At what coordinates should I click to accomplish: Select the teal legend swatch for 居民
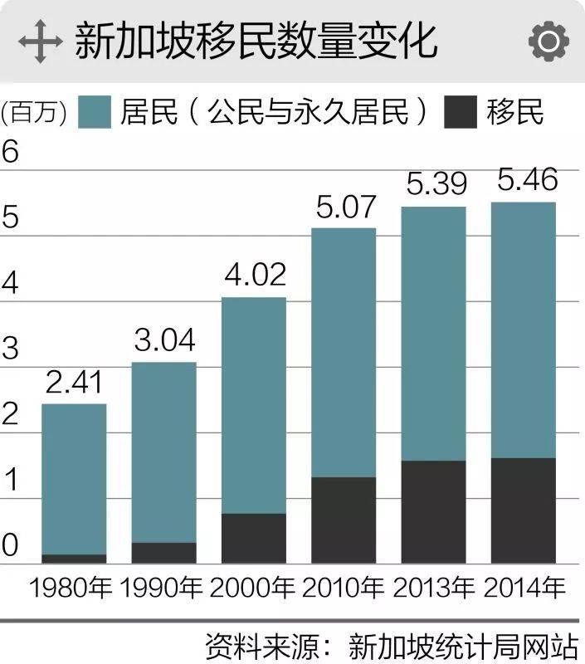tap(95, 112)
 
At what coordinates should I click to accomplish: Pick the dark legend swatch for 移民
tap(461, 112)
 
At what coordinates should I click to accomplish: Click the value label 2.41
tap(74, 384)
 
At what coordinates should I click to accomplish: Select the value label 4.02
tap(253, 276)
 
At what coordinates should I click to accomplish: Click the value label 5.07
tap(344, 207)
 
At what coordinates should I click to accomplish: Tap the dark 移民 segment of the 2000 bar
tap(253, 539)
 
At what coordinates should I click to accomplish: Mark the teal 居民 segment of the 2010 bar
tap(344, 353)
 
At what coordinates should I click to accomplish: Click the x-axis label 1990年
tap(162, 588)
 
